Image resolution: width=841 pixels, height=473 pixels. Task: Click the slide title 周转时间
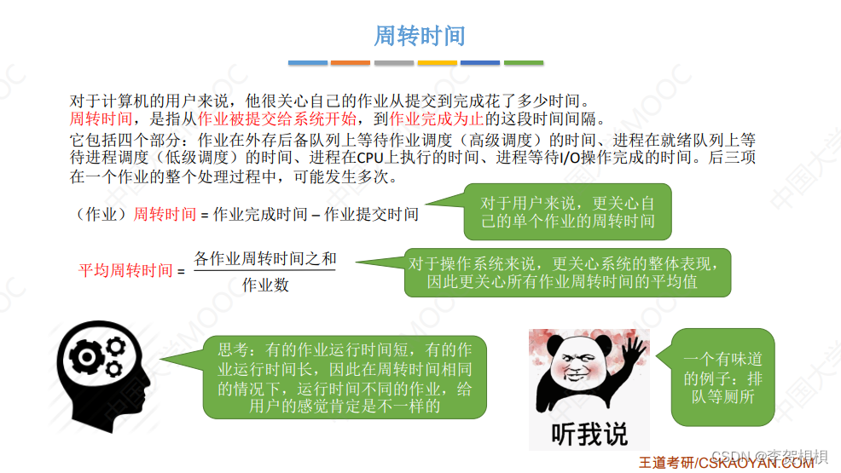coord(420,36)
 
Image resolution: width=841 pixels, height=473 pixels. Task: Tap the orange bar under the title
coord(351,62)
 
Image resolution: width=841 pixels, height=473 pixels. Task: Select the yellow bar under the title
coord(437,62)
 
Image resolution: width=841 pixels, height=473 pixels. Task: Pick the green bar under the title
coord(523,62)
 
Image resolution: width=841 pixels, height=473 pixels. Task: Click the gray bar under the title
coord(394,62)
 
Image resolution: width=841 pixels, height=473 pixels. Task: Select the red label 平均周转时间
coord(125,271)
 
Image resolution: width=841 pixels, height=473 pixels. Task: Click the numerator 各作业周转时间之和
coord(265,257)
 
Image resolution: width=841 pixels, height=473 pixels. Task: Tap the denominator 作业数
coord(265,286)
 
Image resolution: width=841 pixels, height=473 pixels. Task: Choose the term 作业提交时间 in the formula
coord(371,215)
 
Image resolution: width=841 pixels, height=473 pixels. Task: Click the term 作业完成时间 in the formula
coord(260,215)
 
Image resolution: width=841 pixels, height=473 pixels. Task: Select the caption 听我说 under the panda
coord(589,434)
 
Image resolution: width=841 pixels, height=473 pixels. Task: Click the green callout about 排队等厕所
coord(722,378)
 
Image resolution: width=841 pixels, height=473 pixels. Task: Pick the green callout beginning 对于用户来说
coord(567,212)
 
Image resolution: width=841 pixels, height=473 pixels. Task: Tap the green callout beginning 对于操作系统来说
coord(567,272)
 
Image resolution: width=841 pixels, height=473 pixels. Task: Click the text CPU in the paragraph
coord(369,157)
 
